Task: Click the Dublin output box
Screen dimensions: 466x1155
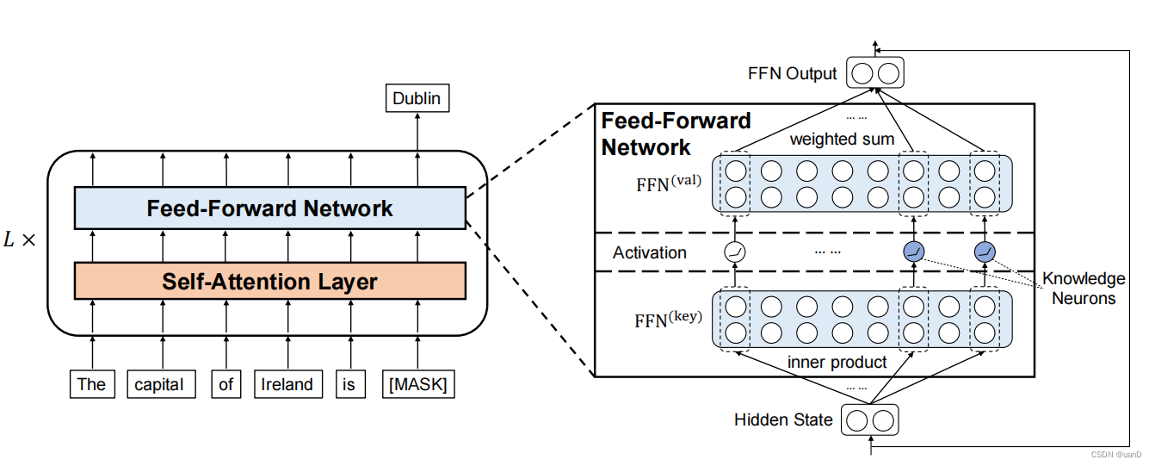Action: [417, 98]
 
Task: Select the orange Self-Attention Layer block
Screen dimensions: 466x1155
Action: [269, 281]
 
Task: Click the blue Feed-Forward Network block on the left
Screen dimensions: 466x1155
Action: [269, 208]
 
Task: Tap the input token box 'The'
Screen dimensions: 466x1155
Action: [90, 384]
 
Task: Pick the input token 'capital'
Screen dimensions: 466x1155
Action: [159, 384]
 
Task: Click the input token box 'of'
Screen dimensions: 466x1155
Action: [225, 384]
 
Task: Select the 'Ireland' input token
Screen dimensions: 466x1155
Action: [287, 384]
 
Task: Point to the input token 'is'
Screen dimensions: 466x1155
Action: [348, 384]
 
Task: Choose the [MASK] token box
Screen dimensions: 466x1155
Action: [417, 384]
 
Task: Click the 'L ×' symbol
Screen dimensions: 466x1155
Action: [20, 240]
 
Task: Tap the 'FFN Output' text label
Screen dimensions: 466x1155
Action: [792, 73]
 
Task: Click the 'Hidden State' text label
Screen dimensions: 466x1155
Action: [783, 419]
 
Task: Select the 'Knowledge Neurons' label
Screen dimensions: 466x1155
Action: [1083, 289]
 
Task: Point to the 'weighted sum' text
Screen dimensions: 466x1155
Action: [842, 139]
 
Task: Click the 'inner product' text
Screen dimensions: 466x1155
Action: [837, 363]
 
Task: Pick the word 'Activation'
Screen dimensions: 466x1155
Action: [650, 252]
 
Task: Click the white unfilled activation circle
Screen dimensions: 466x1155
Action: [735, 252]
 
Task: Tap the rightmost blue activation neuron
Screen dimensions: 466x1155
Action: [985, 252]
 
